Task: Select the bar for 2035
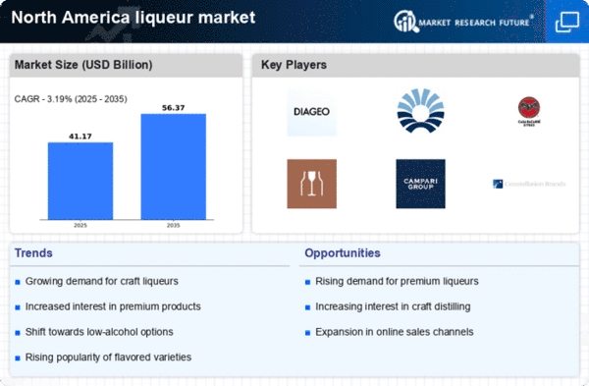[173, 166]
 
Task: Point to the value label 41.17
[80, 136]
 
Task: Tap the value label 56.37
[173, 107]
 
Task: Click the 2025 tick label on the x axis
[80, 224]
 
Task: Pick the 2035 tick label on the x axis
[173, 224]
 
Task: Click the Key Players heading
[294, 66]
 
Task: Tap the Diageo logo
[311, 113]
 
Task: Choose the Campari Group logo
[420, 184]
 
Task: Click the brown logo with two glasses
[311, 184]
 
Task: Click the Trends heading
[34, 253]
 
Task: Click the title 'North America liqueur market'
[134, 18]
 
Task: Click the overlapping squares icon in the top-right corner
[566, 21]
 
